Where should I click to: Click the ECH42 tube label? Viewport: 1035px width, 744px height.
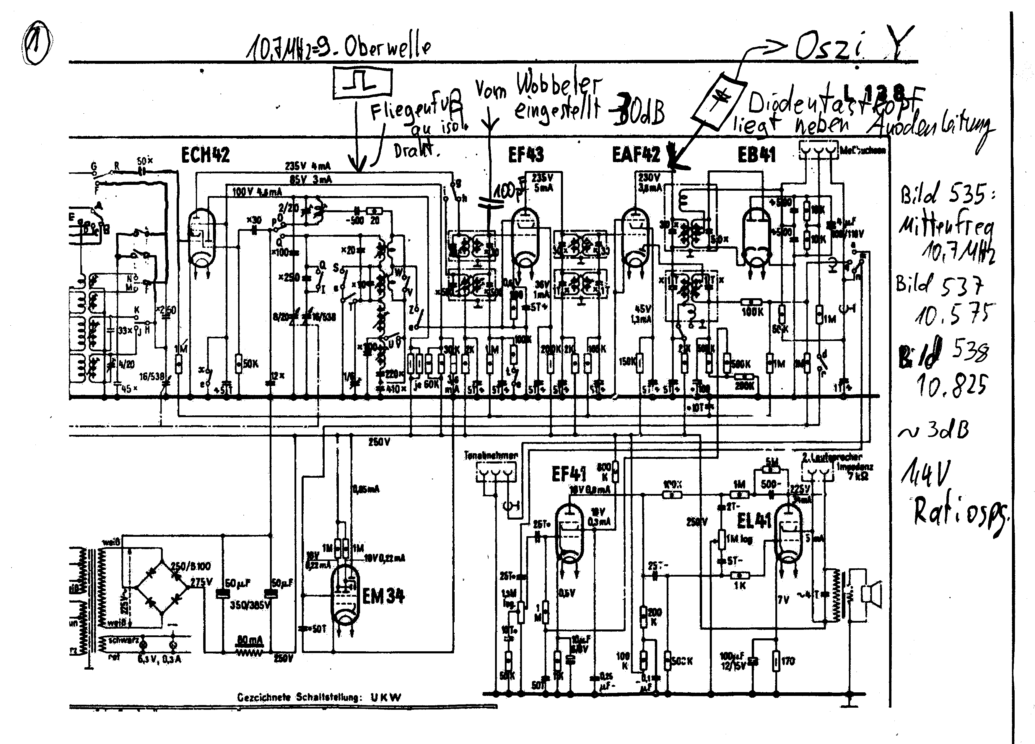point(205,155)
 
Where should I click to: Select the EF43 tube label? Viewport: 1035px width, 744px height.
point(526,155)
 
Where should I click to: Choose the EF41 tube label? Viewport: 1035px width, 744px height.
point(569,474)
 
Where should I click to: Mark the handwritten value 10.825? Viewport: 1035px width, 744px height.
point(951,386)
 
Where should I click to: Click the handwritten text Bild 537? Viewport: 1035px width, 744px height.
point(939,285)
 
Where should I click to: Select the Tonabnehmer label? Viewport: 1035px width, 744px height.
point(491,455)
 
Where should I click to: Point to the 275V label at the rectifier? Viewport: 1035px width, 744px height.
point(201,582)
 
